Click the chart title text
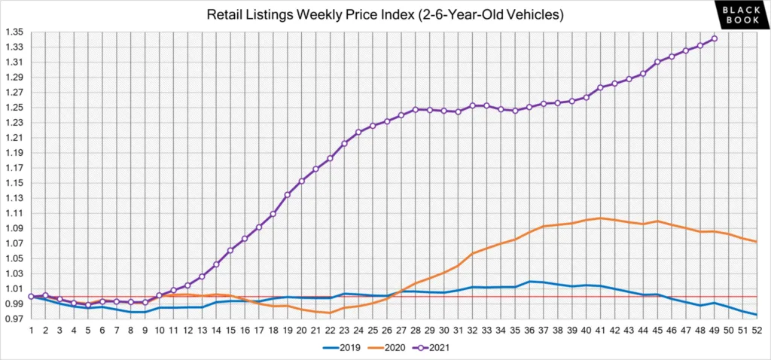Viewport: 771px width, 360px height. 385,14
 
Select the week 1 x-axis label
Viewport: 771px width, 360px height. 31,330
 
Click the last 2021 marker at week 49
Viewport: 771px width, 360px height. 714,38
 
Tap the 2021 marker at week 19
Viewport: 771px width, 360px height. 287,194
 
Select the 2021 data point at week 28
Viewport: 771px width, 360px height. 415,110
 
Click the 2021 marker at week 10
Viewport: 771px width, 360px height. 159,295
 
